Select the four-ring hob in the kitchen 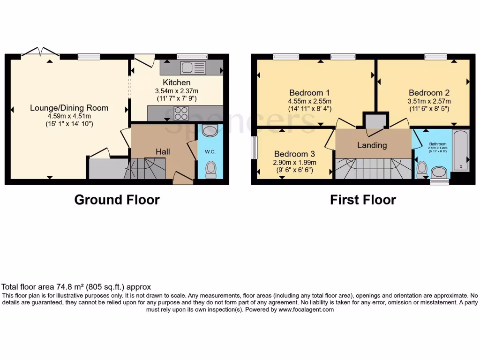coord(181,113)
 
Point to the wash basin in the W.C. coord(210,131)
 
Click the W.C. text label coord(209,151)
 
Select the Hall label coord(163,151)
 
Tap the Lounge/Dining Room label coord(69,108)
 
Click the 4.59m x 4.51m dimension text coord(69,116)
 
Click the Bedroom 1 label coord(309,92)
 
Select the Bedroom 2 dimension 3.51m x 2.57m coord(429,101)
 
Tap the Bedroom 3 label coord(295,154)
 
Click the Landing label coord(372,145)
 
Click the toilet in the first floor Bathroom coord(422,167)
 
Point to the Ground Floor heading coord(117,200)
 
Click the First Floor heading coord(363,200)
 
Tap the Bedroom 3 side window coord(254,148)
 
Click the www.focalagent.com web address coord(306,309)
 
